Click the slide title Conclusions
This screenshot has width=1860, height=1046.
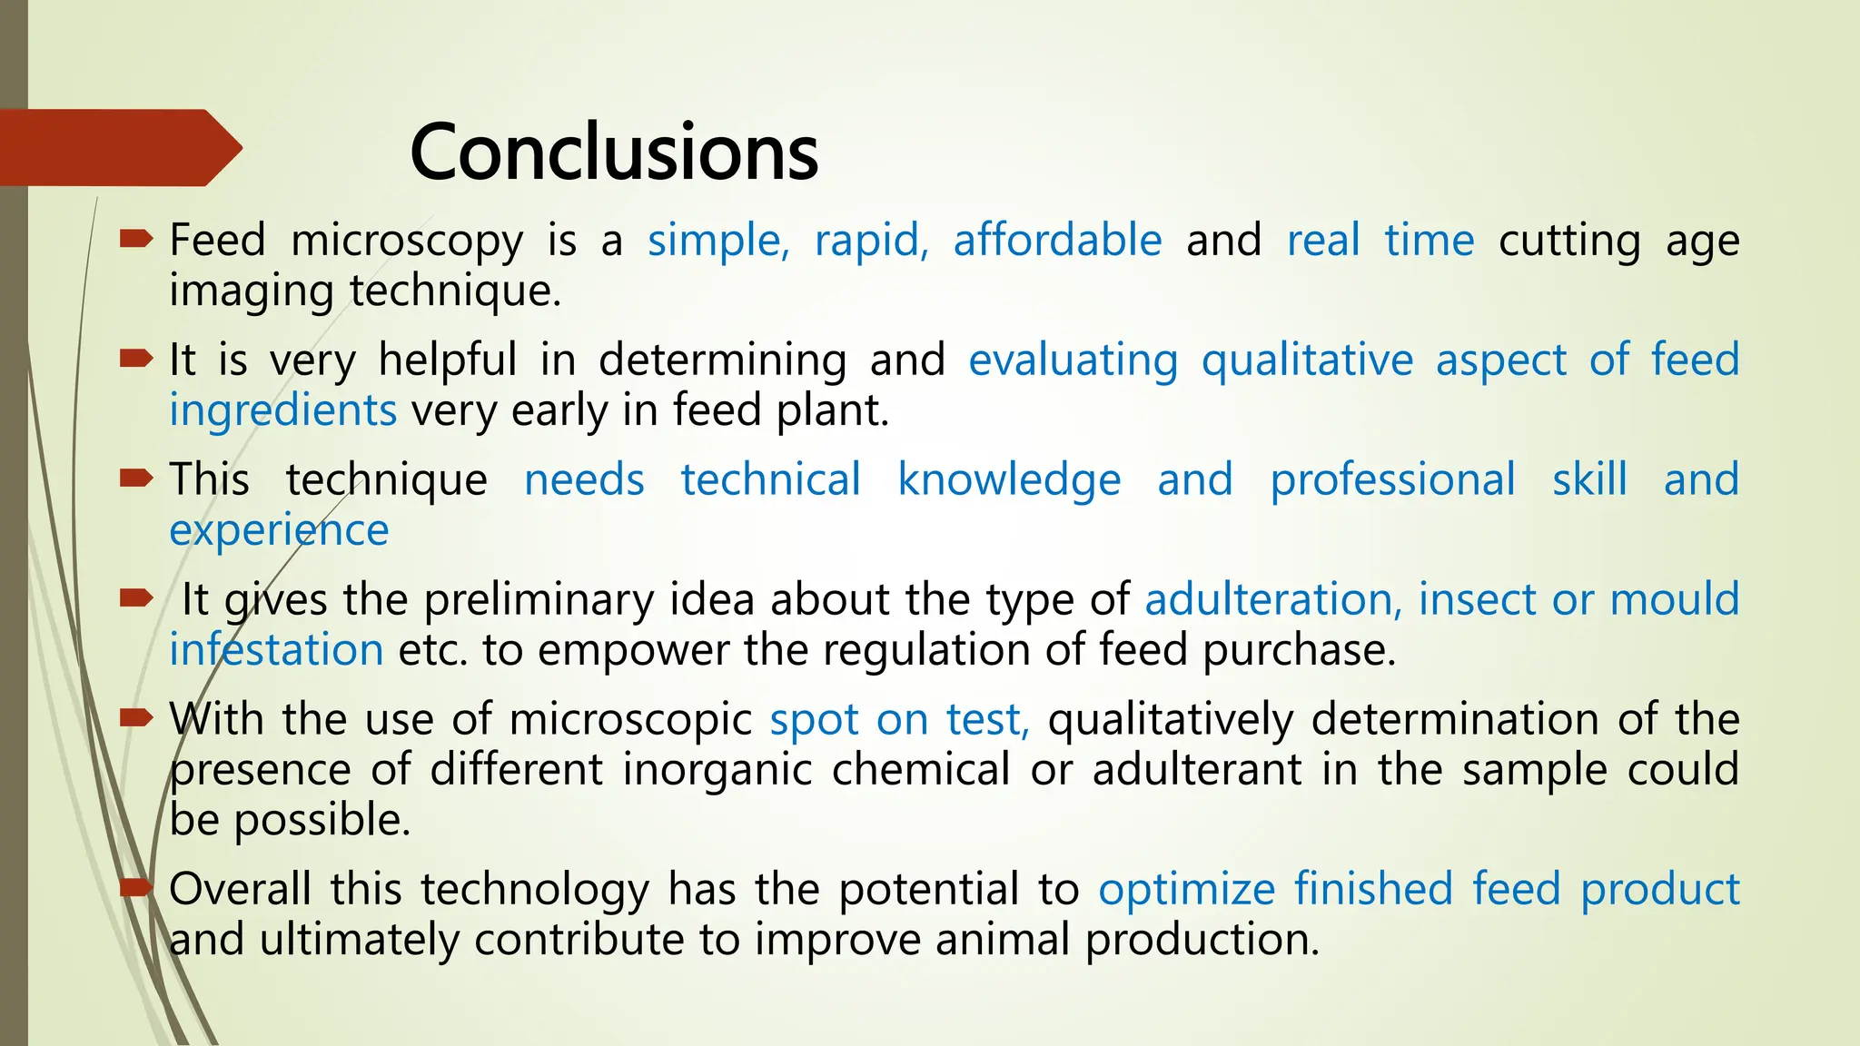(614, 153)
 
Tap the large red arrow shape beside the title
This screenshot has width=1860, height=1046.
(118, 148)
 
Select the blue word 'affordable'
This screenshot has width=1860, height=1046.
(1057, 241)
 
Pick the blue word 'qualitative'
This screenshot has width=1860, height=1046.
(1307, 360)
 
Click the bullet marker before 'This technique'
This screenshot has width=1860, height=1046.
(136, 479)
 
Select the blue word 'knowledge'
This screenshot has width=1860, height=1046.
(1009, 480)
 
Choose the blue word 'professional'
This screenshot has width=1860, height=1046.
(1392, 480)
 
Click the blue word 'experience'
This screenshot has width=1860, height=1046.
(279, 531)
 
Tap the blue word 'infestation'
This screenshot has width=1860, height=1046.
(276, 650)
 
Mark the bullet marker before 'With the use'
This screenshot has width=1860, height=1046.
(136, 718)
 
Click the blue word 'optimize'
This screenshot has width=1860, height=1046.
(1186, 889)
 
